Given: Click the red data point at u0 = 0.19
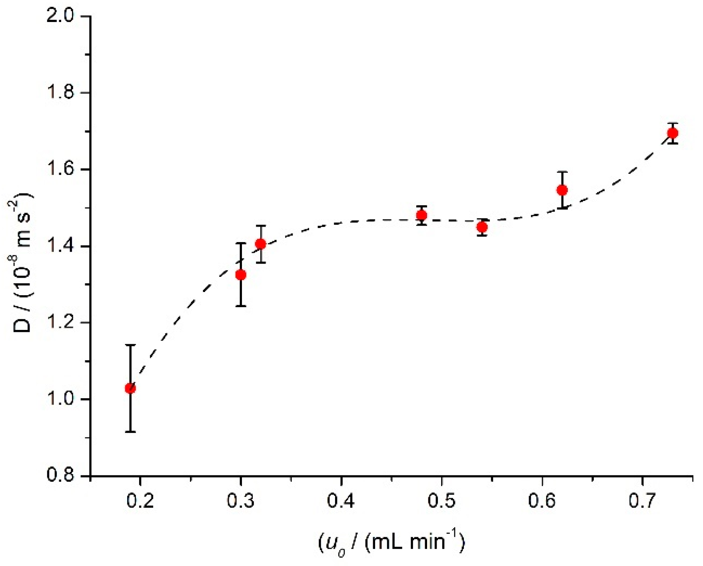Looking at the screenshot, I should coord(130,388).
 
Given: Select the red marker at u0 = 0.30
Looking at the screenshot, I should coord(240,275).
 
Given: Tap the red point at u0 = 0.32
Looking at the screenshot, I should coord(260,244).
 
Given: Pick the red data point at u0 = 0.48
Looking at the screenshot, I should coord(421,215).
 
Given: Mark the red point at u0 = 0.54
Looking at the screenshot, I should coord(482,227).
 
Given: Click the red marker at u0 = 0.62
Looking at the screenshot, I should coord(562,190).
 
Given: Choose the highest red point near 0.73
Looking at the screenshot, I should coord(673,133).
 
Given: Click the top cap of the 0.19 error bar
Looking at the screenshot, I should coord(130,345).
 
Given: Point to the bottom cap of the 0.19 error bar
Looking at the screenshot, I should coord(130,432).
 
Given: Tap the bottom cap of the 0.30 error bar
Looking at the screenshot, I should coord(240,306).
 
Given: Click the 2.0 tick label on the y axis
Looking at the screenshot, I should coord(60,17).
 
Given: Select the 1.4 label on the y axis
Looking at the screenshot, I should coord(60,246).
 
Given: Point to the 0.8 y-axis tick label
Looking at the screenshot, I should coord(60,476).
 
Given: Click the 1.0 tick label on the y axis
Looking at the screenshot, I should coord(60,399).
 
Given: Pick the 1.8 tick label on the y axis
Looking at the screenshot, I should coord(60,93).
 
